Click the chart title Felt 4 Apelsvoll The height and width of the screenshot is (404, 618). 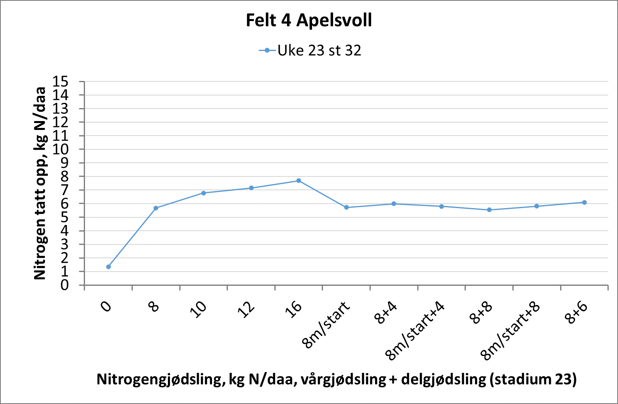point(309,20)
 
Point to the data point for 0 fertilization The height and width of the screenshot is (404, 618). point(108,267)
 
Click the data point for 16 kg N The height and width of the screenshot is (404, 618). point(299,181)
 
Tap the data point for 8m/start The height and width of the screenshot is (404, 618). point(346,207)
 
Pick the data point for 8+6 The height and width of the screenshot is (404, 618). point(584,202)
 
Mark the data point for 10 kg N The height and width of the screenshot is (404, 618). point(204,193)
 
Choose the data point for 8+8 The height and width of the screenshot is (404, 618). point(489,210)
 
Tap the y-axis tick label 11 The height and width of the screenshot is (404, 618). point(61,136)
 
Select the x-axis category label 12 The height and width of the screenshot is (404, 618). point(246,309)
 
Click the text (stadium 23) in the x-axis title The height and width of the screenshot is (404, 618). point(533,379)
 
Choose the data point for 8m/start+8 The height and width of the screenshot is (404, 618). point(537,206)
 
